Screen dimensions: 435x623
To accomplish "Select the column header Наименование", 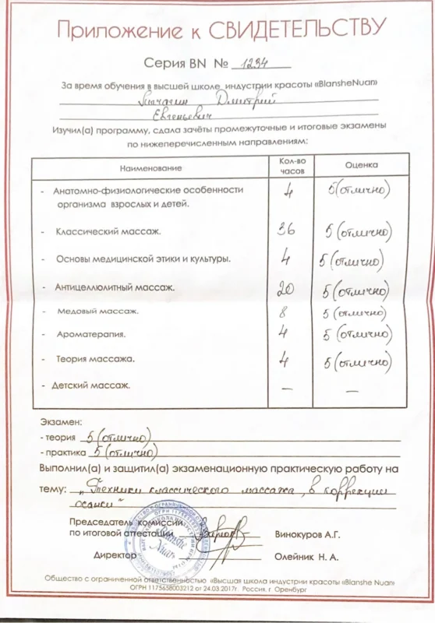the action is [x=150, y=167].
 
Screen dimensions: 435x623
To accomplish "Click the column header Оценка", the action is [x=362, y=165].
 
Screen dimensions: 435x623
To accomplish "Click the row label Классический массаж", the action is [x=108, y=231].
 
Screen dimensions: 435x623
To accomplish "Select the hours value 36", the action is [x=287, y=229].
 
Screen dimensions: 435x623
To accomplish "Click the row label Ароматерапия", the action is [x=91, y=334].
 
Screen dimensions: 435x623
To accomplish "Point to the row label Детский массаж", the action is [x=90, y=385].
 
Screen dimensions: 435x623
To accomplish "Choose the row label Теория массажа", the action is [x=96, y=359].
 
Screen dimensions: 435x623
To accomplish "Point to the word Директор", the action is [x=115, y=556].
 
